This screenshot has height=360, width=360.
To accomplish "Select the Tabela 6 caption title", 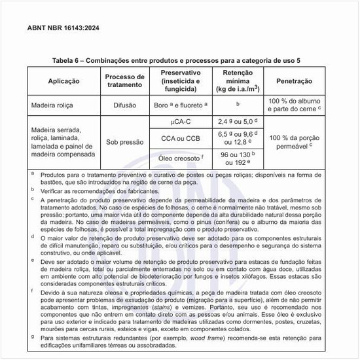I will click(x=179, y=60).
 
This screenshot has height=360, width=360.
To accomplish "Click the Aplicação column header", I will click(x=64, y=82).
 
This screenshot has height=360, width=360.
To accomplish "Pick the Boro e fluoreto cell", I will click(x=184, y=103).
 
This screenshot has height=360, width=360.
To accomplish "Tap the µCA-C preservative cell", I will click(x=184, y=122).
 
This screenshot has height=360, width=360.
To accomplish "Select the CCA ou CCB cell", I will click(x=184, y=138).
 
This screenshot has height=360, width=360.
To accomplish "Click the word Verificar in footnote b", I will click(x=54, y=189).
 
